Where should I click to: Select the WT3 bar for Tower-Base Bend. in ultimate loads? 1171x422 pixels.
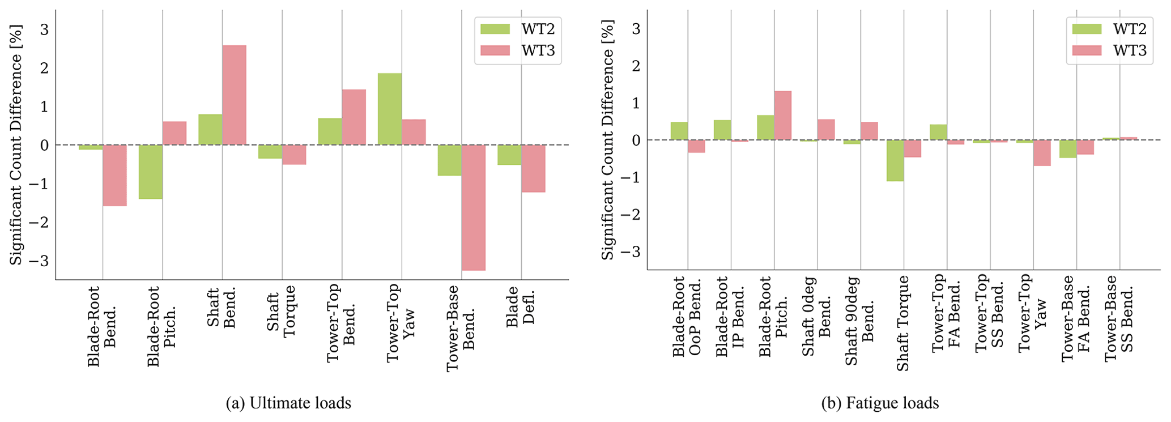[x=473, y=207]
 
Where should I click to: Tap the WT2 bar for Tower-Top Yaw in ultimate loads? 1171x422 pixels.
[x=390, y=109]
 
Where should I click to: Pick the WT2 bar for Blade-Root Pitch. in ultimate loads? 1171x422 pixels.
[x=151, y=172]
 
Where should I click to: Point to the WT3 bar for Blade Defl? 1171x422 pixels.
[x=533, y=168]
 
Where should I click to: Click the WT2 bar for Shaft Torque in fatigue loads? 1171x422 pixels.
[x=895, y=160]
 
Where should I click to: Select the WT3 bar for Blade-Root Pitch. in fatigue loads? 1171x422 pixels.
[x=782, y=116]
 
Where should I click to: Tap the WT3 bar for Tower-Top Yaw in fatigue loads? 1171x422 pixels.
[x=1042, y=153]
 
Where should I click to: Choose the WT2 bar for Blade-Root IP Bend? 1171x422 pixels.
[x=722, y=130]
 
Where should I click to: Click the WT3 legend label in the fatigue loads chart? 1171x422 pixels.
[x=1130, y=50]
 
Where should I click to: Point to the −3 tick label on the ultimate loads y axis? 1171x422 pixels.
[x=40, y=261]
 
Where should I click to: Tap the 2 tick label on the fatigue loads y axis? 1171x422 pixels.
[x=636, y=66]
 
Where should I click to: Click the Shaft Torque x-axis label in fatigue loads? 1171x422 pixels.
[x=903, y=323]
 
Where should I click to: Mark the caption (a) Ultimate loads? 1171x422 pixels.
[x=288, y=403]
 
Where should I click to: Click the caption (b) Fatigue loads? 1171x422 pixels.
[x=880, y=403]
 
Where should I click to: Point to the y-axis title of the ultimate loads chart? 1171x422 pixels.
[x=15, y=144]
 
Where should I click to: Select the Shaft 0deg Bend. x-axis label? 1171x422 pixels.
[x=816, y=316]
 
